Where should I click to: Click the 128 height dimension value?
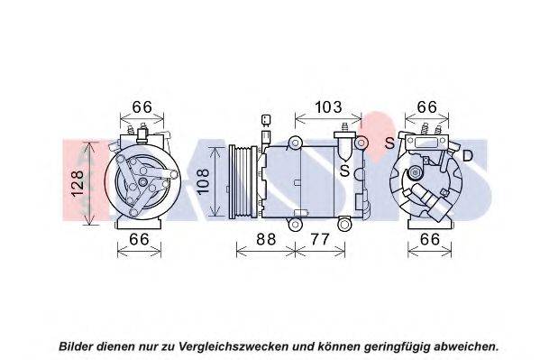(x=78, y=183)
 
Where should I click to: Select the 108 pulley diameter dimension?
(x=203, y=181)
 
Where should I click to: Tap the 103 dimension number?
(x=328, y=107)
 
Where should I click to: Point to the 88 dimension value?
(x=266, y=239)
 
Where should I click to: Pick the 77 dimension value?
(x=320, y=239)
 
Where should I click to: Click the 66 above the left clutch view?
(x=142, y=107)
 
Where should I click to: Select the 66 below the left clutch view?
(x=139, y=239)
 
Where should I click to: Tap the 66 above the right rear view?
(x=426, y=107)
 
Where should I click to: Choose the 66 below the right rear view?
(x=430, y=239)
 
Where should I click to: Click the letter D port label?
(x=468, y=156)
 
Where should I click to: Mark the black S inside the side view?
(x=344, y=171)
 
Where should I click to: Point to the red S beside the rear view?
(x=389, y=143)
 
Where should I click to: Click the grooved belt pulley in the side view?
(x=243, y=181)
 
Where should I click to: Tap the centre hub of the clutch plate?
(x=142, y=182)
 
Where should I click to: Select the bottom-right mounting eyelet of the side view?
(x=343, y=226)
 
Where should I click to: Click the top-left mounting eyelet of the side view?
(x=295, y=142)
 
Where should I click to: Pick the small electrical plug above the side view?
(x=266, y=120)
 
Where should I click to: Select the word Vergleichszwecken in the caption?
(x=233, y=346)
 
